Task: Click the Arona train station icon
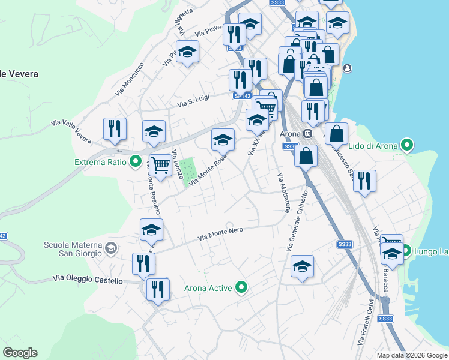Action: tap(307, 133)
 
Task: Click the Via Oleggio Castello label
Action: tap(88, 279)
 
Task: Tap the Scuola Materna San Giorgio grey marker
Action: tap(111, 248)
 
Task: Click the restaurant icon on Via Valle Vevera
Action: tap(114, 128)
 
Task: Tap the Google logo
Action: tap(20, 352)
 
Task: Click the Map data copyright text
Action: tap(412, 355)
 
